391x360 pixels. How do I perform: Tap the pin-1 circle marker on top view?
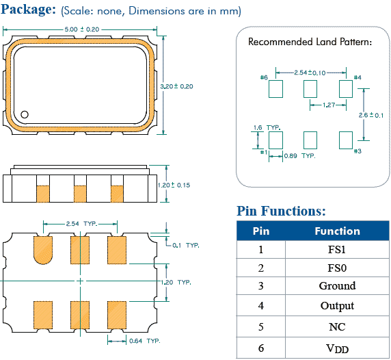(25, 115)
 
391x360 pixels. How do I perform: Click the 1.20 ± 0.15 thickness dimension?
(174, 185)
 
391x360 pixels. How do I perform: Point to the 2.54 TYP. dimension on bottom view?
(81, 224)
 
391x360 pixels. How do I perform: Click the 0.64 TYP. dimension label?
(144, 340)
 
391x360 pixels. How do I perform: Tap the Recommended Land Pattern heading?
(310, 42)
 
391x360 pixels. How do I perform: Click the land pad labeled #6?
(276, 88)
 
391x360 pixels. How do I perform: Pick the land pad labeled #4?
(345, 88)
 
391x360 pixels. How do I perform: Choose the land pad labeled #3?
(345, 140)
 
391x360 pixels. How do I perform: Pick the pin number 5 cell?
(261, 327)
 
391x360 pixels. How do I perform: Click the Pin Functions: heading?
(281, 211)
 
